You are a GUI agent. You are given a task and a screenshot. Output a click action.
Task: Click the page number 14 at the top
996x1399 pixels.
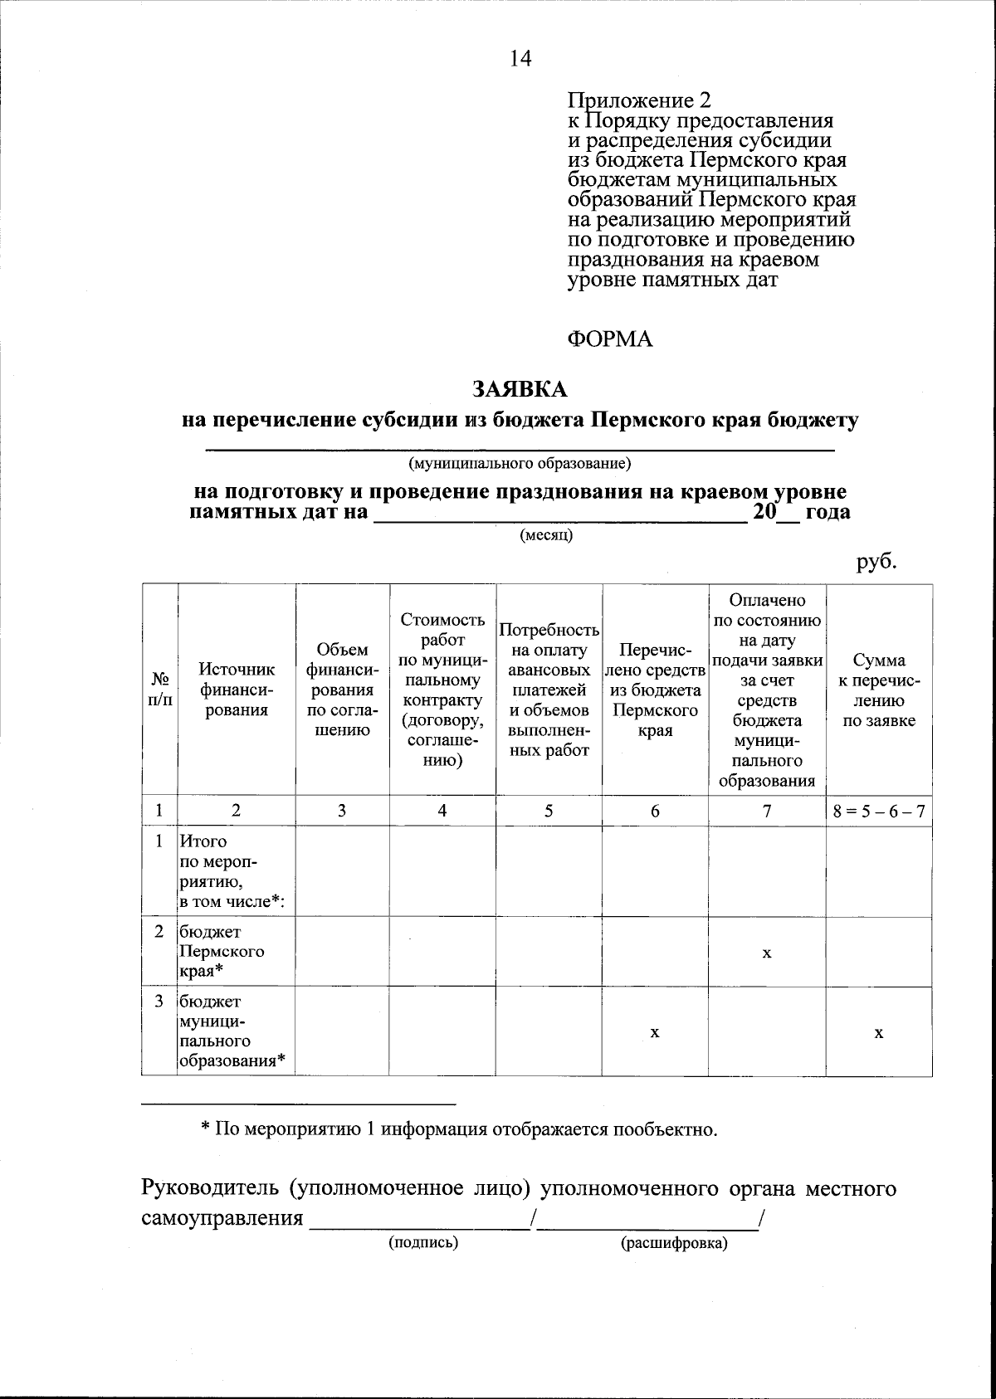tap(520, 58)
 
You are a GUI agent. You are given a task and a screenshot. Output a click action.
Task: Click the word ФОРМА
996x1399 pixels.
tap(609, 339)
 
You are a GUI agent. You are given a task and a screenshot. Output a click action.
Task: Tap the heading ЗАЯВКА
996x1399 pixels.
tap(520, 388)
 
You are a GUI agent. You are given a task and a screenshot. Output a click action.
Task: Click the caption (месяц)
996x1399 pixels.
tap(546, 535)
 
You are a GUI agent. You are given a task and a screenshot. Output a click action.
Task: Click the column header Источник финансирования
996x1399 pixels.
tap(237, 689)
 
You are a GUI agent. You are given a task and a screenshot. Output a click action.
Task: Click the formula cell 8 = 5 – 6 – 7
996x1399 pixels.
tap(879, 812)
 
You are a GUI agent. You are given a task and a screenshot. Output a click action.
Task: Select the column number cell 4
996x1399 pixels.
tap(442, 812)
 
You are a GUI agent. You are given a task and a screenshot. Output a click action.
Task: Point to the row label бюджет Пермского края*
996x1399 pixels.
tap(221, 952)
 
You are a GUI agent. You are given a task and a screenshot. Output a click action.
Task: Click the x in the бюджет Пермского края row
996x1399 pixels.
tap(767, 953)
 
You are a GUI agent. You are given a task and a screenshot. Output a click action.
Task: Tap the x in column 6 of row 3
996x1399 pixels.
tap(655, 1032)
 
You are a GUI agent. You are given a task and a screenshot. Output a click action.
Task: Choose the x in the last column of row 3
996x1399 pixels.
tap(878, 1032)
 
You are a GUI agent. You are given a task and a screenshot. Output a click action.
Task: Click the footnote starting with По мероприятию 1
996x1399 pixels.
tap(459, 1129)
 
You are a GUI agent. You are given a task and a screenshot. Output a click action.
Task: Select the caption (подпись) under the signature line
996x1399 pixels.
tap(423, 1242)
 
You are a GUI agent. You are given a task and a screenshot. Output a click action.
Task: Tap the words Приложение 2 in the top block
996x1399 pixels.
tap(638, 101)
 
